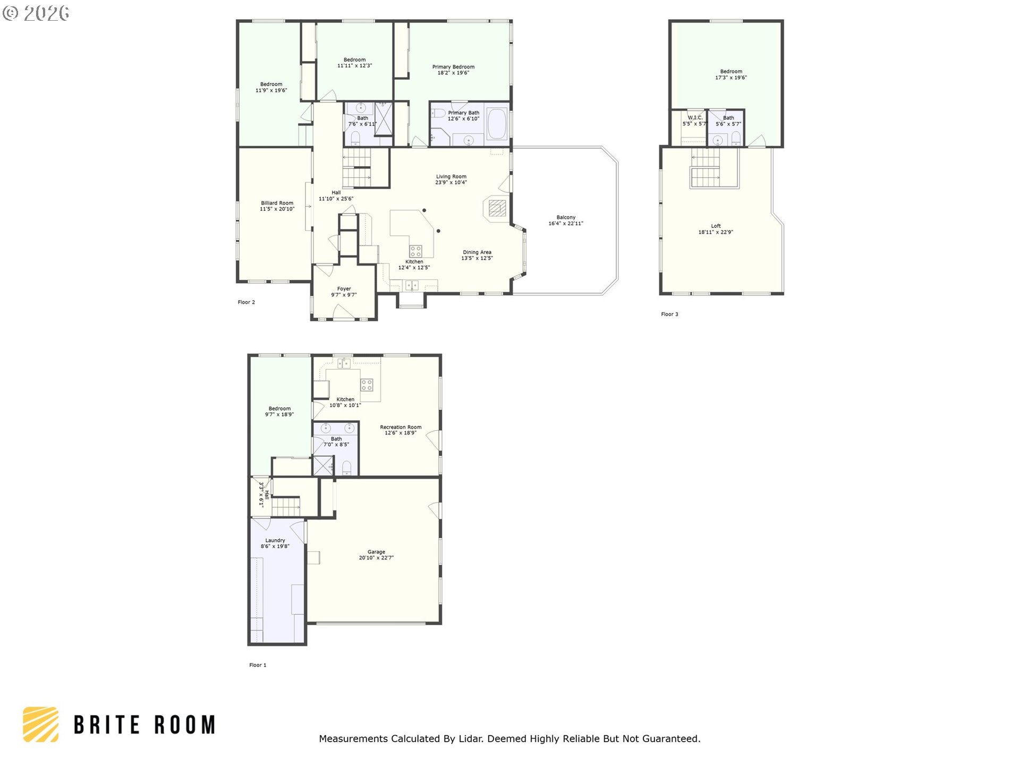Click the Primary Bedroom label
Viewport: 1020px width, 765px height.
pos(453,67)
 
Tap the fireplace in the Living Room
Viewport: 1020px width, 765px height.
pos(497,208)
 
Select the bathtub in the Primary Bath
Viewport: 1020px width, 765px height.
pos(498,124)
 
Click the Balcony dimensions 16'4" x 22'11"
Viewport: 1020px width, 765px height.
pos(566,224)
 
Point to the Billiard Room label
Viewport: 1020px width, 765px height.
pos(277,203)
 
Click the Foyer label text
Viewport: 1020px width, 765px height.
pos(344,289)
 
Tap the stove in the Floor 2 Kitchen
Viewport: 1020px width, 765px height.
pos(415,251)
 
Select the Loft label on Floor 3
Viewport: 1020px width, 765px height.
pos(716,226)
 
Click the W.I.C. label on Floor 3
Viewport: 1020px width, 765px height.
pos(695,117)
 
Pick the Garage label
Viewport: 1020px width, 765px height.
pos(376,552)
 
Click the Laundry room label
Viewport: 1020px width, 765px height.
pos(275,540)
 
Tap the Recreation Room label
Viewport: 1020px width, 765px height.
pos(401,427)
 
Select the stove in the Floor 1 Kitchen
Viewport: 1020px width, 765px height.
pos(367,385)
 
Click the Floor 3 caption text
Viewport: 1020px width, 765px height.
pos(669,314)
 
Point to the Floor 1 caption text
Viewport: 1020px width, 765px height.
pos(258,665)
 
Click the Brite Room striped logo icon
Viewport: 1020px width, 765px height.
pos(41,724)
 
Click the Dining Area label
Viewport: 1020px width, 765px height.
pos(477,252)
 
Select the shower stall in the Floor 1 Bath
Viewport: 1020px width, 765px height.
pos(322,466)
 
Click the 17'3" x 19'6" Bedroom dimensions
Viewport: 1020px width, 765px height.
pos(731,78)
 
